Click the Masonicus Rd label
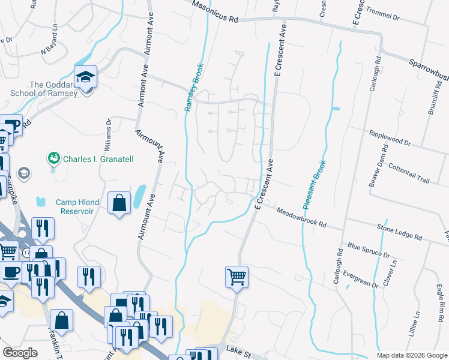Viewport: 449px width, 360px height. tap(215, 13)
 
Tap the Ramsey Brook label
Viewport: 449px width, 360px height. tap(193, 88)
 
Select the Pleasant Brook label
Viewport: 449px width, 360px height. tap(314, 185)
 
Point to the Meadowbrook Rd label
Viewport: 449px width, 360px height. tap(301, 217)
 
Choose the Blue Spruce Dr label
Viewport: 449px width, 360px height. tap(369, 250)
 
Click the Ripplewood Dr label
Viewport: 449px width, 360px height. tap(390, 139)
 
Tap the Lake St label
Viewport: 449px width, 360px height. tap(237, 348)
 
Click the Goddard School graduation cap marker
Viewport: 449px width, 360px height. tap(86, 77)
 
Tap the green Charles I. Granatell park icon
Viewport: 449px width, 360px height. tap(54, 158)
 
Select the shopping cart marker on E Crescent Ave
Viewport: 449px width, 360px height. tap(237, 277)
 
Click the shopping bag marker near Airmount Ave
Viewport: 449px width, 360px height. tap(119, 202)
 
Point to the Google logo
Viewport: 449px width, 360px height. tap(20, 353)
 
